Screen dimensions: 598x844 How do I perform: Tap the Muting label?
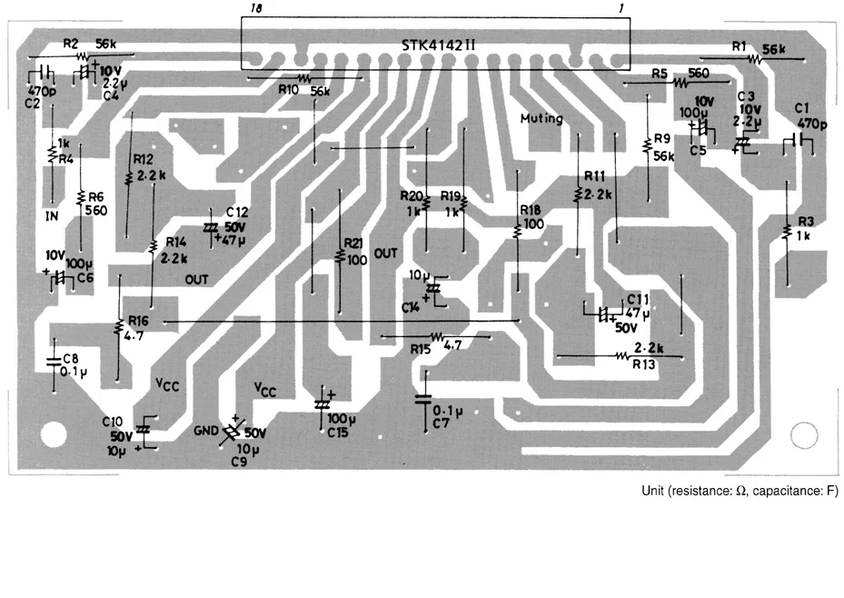541,118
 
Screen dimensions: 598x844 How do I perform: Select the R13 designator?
643,364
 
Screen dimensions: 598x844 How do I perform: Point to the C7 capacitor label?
442,424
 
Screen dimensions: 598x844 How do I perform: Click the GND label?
207,430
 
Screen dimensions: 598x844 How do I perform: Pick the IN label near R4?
52,215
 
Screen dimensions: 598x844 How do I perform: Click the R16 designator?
138,320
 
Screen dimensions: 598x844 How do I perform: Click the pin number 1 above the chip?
620,8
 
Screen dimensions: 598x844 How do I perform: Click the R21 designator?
352,244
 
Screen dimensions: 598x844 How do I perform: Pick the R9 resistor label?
661,139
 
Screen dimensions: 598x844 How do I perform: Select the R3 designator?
806,223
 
